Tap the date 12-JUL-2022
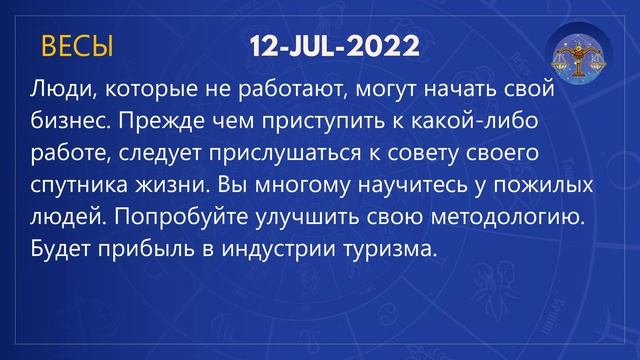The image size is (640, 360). click(x=334, y=46)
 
